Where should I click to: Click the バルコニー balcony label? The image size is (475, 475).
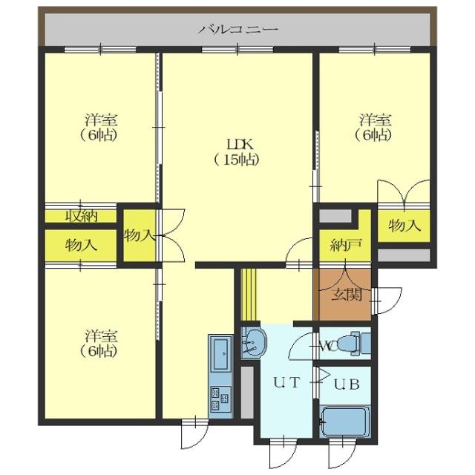(238, 30)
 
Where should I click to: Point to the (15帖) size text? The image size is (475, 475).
(237, 160)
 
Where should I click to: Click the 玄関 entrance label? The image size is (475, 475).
(347, 294)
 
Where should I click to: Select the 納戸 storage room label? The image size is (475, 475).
(346, 244)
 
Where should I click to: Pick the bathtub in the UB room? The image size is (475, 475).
(344, 422)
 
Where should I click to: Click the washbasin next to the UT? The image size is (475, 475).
(254, 343)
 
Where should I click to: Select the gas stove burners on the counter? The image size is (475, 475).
(220, 399)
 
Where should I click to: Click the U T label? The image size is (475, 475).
(286, 382)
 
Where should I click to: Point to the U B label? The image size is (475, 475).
(347, 384)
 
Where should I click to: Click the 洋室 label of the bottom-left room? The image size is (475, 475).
(101, 336)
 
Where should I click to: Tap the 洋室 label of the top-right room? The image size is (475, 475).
(376, 120)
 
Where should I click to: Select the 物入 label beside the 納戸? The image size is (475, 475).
(404, 226)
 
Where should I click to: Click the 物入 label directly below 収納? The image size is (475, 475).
(81, 245)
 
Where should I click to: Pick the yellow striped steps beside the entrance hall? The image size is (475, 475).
(249, 295)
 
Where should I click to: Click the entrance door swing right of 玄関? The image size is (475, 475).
(387, 301)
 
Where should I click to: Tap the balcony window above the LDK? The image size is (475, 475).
(237, 50)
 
